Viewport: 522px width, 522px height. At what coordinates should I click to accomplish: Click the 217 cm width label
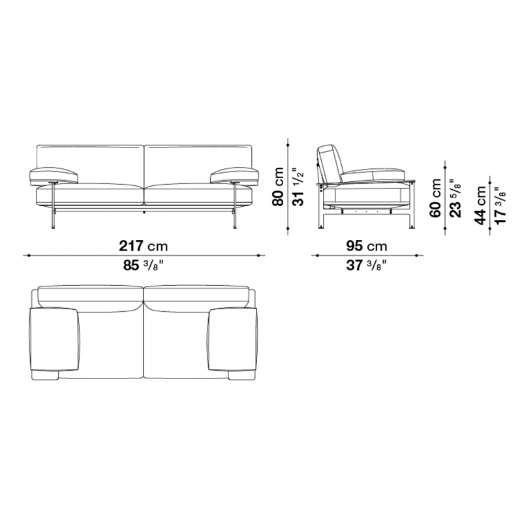[144, 246]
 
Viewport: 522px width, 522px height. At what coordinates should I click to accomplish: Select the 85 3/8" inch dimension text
[144, 266]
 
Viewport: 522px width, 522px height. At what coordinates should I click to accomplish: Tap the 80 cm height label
[279, 187]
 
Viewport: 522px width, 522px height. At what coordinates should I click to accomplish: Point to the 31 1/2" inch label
[299, 187]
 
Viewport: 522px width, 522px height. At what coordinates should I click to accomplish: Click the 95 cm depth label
[367, 246]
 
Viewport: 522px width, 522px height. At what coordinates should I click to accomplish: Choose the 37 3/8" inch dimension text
[367, 266]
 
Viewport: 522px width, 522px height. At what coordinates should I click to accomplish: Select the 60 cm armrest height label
[435, 198]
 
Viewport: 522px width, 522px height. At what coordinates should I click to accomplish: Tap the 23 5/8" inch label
[455, 198]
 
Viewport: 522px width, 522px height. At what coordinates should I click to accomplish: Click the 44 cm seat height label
[480, 205]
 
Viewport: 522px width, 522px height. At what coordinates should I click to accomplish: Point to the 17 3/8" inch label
[500, 205]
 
